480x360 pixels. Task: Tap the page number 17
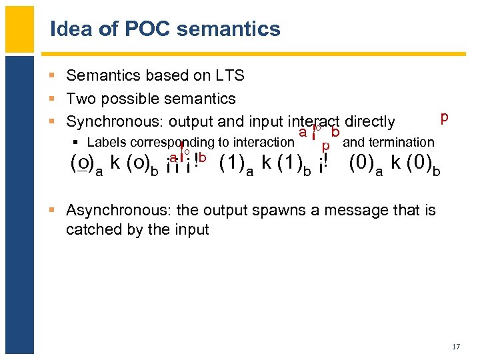click(x=456, y=347)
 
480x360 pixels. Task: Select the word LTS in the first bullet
click(x=231, y=76)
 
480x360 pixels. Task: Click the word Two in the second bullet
click(x=82, y=99)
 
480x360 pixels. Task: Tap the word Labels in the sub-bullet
click(x=107, y=142)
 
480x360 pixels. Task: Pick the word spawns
click(x=258, y=211)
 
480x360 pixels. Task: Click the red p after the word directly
click(x=444, y=117)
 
